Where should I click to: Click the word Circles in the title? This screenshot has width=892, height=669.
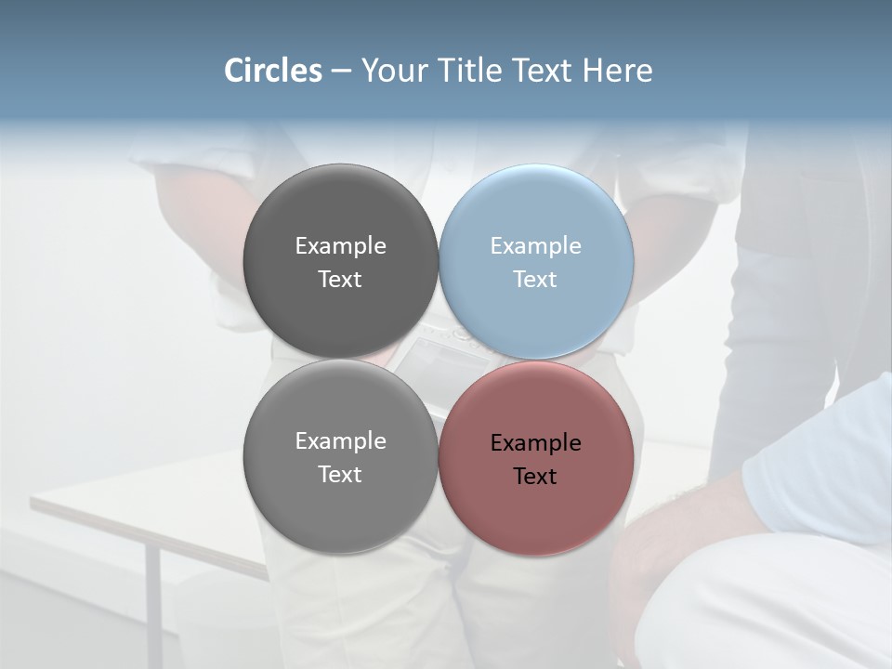click(272, 71)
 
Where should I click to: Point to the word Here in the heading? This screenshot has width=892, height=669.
click(618, 71)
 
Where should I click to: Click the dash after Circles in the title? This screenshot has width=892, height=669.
click(341, 72)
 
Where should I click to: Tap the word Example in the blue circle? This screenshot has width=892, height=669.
click(535, 245)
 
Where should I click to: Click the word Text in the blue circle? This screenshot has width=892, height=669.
click(535, 279)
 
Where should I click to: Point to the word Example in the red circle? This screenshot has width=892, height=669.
click(535, 442)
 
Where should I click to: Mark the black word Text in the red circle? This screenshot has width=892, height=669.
click(535, 476)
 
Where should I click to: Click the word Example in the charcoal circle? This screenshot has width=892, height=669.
click(340, 245)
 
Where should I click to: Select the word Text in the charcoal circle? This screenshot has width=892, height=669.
click(340, 279)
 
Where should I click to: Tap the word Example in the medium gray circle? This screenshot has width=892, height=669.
click(340, 440)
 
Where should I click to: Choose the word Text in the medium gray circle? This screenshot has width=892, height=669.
click(340, 474)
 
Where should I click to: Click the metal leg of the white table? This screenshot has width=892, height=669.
click(152, 604)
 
